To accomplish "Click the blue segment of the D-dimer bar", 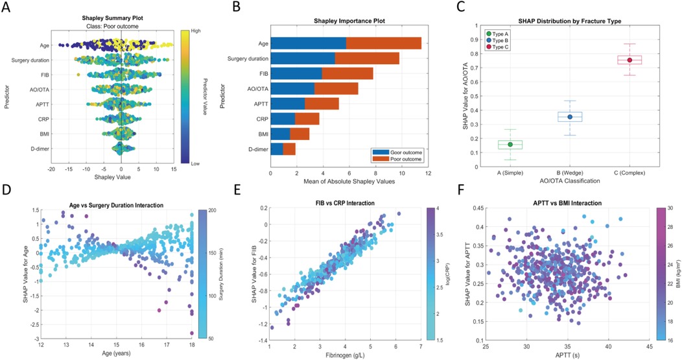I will click(277, 149).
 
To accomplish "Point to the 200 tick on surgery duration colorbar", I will click(212, 211).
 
